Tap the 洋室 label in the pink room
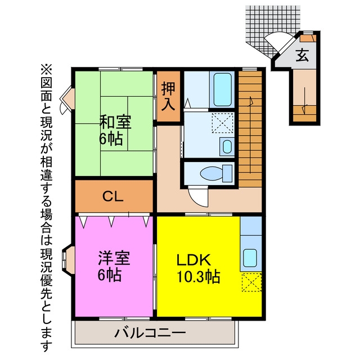[x=114, y=258]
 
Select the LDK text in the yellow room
[x=193, y=260]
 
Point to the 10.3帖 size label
[x=198, y=276]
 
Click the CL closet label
[x=113, y=196]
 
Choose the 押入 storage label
[x=168, y=96]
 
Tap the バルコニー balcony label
[x=150, y=333]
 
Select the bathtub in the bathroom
[x=222, y=89]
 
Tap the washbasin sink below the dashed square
[x=227, y=146]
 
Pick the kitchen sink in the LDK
[x=250, y=258]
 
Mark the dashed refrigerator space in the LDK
[x=251, y=282]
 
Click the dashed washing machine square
[x=222, y=123]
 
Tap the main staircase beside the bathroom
[x=250, y=129]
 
